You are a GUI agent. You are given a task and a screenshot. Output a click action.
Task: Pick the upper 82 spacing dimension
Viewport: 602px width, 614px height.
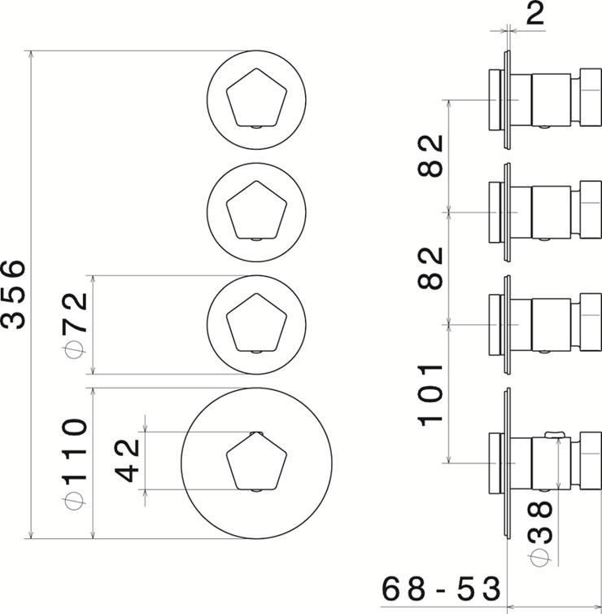pos(430,155)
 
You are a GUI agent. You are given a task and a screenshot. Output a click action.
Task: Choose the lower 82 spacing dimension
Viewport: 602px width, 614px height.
pos(430,266)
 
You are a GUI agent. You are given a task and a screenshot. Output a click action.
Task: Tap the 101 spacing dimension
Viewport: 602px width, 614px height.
pos(430,394)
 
